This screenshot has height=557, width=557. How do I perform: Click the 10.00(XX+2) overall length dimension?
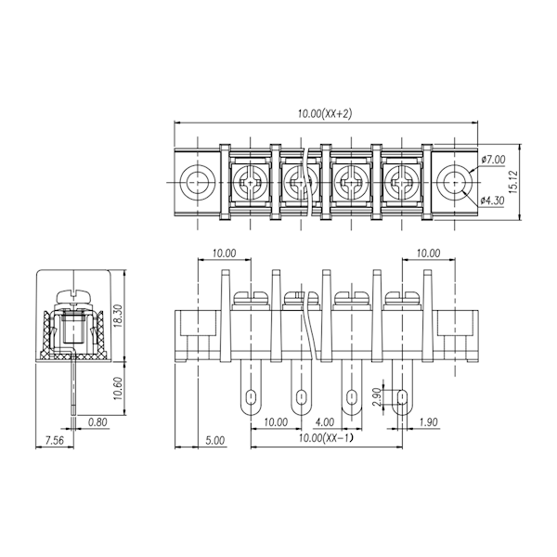[325, 114]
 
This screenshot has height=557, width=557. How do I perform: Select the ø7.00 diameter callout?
[493, 160]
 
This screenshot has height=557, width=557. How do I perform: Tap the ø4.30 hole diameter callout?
[492, 201]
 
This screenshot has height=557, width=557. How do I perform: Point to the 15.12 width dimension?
[513, 182]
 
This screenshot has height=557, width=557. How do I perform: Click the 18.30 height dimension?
[118, 316]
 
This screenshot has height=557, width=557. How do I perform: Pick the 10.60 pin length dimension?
[118, 388]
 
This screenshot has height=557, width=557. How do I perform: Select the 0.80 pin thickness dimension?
[97, 422]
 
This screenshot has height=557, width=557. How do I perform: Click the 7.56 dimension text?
[54, 440]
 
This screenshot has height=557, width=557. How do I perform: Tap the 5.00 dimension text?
[215, 440]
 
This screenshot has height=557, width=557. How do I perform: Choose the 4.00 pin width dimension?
[325, 422]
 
